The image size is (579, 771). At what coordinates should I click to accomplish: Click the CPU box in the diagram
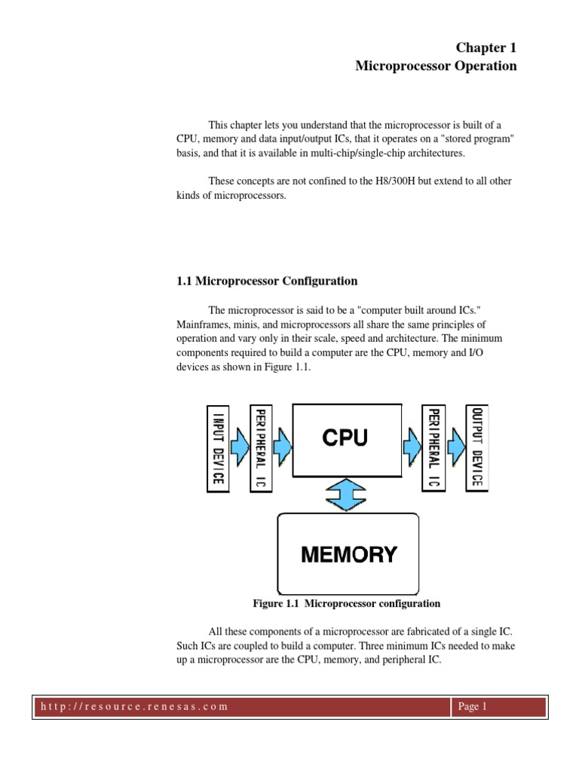[x=345, y=440]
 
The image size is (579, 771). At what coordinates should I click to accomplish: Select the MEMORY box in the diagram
[x=348, y=555]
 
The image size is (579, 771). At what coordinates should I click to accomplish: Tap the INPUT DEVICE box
[x=218, y=448]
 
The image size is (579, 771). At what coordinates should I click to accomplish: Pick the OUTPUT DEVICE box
[x=476, y=448]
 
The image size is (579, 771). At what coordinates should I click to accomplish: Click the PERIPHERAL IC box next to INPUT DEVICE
[x=261, y=448]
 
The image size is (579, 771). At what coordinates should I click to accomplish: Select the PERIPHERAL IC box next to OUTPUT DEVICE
[x=433, y=448]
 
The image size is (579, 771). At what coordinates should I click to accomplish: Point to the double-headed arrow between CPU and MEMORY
[x=347, y=495]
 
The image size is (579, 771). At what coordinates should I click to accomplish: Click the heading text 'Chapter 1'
[x=486, y=47]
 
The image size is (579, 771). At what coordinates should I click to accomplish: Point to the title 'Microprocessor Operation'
[x=436, y=66]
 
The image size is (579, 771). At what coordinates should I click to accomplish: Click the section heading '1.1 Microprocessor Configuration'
[x=267, y=282]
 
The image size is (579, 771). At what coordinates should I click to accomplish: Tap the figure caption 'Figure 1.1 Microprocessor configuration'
[x=346, y=604]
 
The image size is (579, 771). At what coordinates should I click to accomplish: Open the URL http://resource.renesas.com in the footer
[x=132, y=707]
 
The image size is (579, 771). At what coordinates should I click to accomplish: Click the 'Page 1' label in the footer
[x=473, y=707]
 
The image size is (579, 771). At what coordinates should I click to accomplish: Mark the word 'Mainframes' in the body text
[x=202, y=325]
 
